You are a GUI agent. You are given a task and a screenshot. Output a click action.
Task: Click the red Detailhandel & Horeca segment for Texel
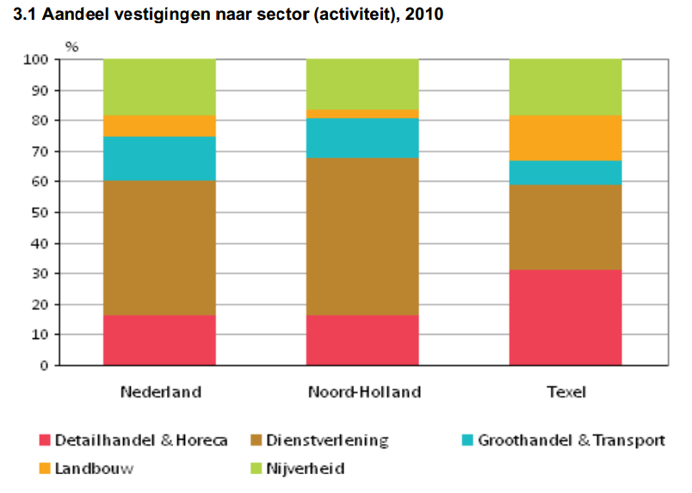tap(565, 317)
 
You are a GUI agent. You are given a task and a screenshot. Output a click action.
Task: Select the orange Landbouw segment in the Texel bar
tap(565, 138)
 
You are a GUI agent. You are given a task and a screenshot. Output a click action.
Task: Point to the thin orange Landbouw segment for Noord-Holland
tap(362, 114)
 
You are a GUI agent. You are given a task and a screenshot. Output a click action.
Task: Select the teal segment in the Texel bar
tap(565, 173)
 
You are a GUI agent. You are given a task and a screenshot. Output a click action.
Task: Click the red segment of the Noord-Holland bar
tap(362, 340)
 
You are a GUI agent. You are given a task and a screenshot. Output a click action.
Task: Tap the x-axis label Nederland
tap(160, 392)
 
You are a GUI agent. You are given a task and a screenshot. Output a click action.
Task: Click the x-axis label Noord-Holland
tap(364, 392)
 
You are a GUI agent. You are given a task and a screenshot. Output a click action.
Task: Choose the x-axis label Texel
tap(566, 392)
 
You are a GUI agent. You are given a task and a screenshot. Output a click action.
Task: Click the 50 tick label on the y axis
tap(40, 213)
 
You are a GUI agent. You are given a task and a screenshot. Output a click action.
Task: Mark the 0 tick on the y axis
tap(44, 366)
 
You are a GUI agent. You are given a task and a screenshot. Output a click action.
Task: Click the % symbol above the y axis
tap(72, 46)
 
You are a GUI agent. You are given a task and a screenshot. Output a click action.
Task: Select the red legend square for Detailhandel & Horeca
tap(45, 441)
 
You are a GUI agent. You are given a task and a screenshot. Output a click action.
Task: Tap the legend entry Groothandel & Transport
tap(571, 441)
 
